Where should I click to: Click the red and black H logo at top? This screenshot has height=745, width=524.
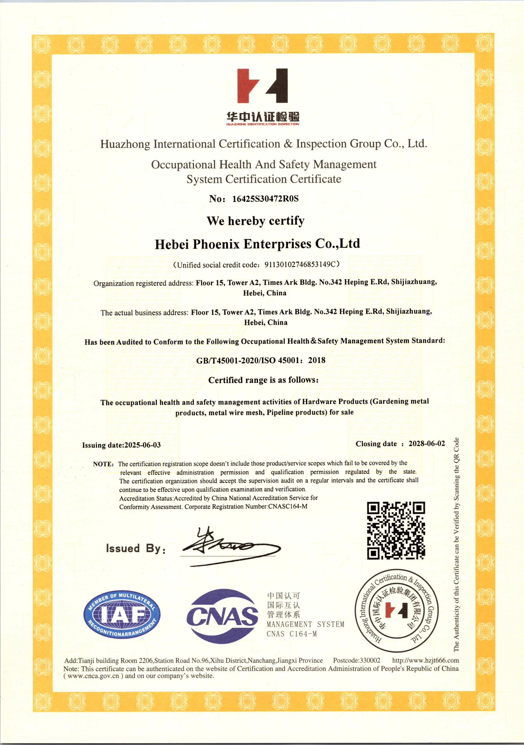pos(262,86)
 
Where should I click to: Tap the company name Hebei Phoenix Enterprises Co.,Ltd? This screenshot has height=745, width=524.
pos(257,244)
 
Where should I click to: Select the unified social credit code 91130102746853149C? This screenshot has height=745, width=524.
pos(300,265)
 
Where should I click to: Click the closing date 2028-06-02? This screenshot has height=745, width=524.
pos(426,444)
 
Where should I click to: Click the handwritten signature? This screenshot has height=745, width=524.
pos(231,548)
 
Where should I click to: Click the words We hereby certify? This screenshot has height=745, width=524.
pos(256,221)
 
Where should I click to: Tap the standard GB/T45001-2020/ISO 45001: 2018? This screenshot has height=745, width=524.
pos(261,360)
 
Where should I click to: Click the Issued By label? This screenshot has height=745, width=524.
pos(136,549)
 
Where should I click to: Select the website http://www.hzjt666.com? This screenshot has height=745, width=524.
pos(425,660)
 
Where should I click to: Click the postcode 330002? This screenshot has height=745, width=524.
pos(370,660)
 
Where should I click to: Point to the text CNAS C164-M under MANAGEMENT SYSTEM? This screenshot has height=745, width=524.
pos(291,634)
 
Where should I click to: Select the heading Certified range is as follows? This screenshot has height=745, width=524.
pos(263,380)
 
